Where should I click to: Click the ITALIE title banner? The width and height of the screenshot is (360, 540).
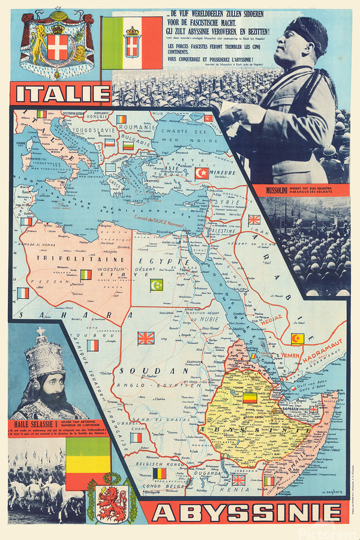pos(62,94)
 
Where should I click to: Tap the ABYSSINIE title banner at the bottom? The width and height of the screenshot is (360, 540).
pos(246,514)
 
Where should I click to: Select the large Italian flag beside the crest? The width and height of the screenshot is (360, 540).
pos(131,43)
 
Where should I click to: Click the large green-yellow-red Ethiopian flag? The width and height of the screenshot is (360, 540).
pos(88,456)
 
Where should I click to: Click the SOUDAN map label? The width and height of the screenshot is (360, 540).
pos(139,370)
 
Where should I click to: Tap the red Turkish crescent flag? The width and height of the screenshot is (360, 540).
pos(202,173)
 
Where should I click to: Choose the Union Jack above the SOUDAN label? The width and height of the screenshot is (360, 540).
pos(146,338)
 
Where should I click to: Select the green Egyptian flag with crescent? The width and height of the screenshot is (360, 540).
pos(157,284)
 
